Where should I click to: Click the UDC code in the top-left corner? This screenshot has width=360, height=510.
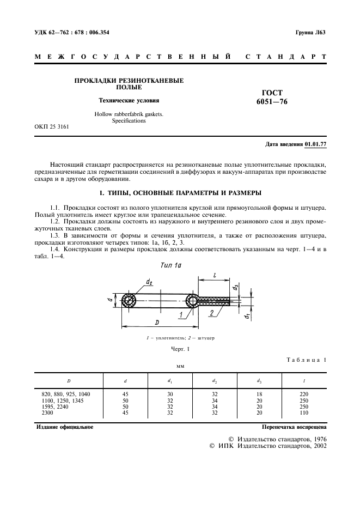(72, 32)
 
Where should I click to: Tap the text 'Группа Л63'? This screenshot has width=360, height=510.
(310, 32)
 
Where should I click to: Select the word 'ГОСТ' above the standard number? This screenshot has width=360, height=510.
(270, 93)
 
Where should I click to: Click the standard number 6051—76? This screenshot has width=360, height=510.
(270, 102)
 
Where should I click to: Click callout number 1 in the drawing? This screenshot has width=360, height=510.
(179, 315)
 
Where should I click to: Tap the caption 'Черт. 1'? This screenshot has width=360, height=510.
(180, 349)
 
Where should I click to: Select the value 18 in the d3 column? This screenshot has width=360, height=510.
(259, 393)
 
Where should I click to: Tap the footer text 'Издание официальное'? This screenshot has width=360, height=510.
(64, 427)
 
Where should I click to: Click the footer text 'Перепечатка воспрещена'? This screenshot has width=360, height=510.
(294, 427)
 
